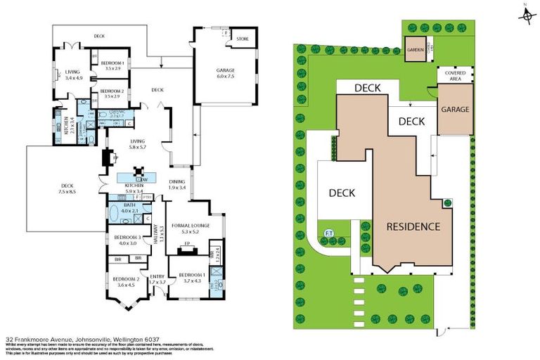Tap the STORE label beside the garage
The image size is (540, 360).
(x=242, y=39)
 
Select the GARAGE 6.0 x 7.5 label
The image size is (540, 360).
(x=224, y=72)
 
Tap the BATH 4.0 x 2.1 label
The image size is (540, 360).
(x=132, y=208)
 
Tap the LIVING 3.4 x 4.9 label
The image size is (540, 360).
(x=74, y=75)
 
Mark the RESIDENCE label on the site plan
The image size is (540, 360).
(x=413, y=226)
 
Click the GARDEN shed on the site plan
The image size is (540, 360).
(x=415, y=50)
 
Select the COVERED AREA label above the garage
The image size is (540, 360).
(x=451, y=75)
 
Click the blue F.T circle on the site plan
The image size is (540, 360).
(x=328, y=233)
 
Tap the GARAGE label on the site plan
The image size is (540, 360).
(x=454, y=110)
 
